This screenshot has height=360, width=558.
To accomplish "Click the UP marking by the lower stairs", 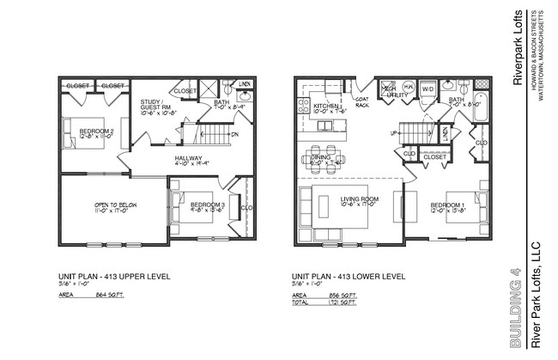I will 393,133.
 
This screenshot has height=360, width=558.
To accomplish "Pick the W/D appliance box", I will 428,88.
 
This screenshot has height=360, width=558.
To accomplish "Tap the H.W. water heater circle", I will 407,88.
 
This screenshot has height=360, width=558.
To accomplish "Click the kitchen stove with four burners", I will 302,106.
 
